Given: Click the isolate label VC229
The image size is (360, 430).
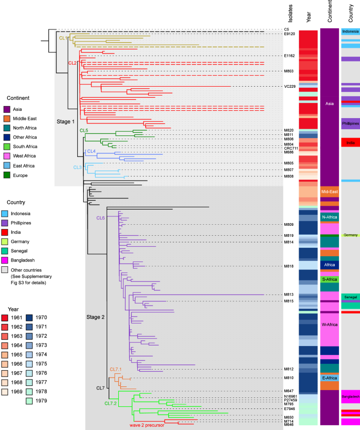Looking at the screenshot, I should click(289, 87).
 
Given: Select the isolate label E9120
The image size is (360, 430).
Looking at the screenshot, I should click(289, 34).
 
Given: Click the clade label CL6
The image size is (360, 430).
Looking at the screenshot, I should click(100, 217).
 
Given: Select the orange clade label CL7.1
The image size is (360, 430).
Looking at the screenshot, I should click(116, 370).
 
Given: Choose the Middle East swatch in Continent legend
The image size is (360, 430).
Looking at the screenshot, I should click(7, 119).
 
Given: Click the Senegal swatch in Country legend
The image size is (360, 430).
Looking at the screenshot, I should click(7, 251).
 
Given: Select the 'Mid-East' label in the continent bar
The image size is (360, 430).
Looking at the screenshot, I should click(330, 192).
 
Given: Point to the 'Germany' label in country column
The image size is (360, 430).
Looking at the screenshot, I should click(350, 235).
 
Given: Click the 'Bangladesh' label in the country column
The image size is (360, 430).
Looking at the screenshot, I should click(350, 396).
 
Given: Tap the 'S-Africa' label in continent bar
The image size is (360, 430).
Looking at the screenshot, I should click(330, 279).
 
